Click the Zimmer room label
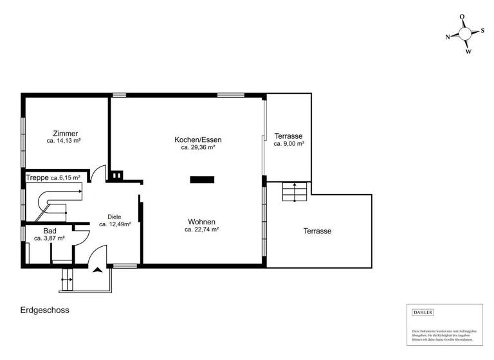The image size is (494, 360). [66, 134]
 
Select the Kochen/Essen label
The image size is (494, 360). [197, 139]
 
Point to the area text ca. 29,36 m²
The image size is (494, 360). [197, 147]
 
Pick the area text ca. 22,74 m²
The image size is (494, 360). [201, 230]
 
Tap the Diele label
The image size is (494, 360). [114, 217]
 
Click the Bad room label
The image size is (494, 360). [50, 231]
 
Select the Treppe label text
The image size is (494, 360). [37, 178]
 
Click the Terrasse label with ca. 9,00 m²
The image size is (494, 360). [288, 136]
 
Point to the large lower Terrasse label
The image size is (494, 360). [317, 231]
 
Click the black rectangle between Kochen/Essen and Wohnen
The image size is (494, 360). [201, 179]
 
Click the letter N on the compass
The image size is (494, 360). [448, 37]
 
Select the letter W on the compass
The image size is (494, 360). [468, 51]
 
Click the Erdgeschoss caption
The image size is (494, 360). [44, 310]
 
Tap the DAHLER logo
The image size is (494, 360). [423, 312]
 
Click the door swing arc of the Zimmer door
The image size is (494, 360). [98, 172]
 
